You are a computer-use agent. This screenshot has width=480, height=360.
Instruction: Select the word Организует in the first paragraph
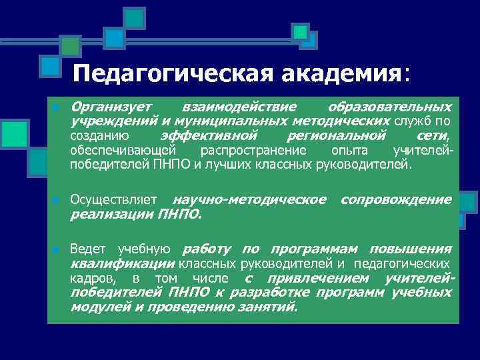pos(110,107)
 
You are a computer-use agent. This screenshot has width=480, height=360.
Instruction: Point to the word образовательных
pos(389,107)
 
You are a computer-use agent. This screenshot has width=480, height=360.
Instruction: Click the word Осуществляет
pos(113,200)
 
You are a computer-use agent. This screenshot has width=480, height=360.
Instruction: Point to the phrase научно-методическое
pos(249,199)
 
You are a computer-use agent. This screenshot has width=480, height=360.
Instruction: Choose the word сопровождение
pos(396,199)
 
